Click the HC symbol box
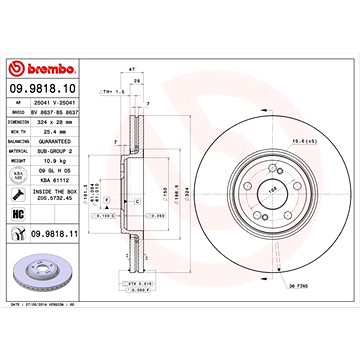coord(17,214)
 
